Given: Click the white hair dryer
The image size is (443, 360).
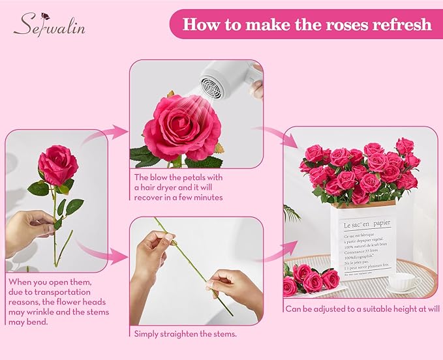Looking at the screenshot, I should pyautogui.click(x=225, y=81).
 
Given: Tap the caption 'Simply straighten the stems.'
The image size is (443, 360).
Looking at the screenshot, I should pyautogui.click(x=185, y=334).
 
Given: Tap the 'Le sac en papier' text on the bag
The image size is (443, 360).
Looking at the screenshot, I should pyautogui.click(x=366, y=223).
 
